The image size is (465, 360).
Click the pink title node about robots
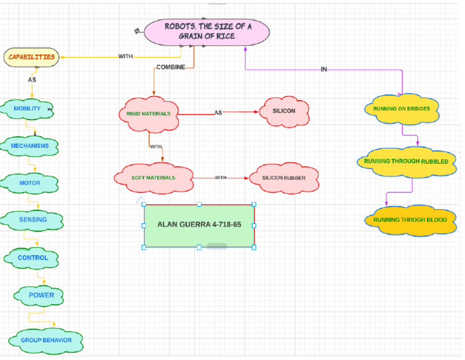point(206,32)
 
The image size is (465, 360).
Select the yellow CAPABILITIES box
point(31,57)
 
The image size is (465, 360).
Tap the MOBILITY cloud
point(28,109)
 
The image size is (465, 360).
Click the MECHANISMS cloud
point(30,146)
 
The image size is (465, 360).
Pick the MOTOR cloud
point(30,183)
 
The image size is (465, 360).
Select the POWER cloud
point(41,295)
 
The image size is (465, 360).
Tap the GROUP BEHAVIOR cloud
point(46,340)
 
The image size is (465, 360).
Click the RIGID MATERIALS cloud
point(149,114)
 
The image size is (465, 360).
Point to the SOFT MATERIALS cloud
point(154,178)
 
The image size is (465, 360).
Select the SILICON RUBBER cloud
point(284,178)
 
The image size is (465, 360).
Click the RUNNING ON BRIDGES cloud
point(402,109)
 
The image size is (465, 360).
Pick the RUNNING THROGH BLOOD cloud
point(410,220)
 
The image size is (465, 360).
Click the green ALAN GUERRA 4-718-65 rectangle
point(199,225)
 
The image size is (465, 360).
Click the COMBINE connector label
point(171,67)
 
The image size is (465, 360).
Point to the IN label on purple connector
point(324,70)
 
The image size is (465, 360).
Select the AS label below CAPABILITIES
point(32,79)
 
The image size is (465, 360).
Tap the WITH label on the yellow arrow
point(125,56)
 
